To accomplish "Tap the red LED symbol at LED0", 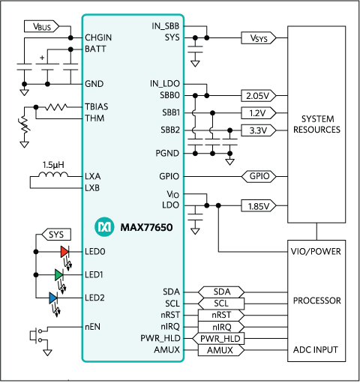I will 64,252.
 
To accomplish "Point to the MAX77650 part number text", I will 143,226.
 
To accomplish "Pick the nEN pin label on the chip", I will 93,327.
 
